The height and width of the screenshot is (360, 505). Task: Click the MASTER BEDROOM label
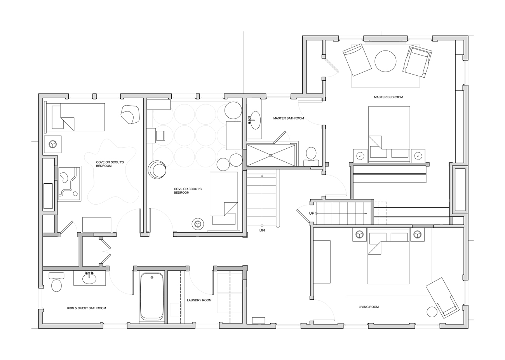[388, 97]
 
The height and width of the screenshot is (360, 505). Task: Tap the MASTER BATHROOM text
[288, 118]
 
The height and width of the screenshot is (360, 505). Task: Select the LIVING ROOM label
[368, 307]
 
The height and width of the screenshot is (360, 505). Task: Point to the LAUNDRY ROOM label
[199, 300]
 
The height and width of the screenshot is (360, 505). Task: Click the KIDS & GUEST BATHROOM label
[86, 308]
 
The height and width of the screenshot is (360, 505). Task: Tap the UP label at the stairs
[312, 213]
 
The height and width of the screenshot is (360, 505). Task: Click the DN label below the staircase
[262, 230]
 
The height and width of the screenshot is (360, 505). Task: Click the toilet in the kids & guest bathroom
[57, 283]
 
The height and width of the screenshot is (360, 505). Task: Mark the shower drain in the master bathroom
[271, 155]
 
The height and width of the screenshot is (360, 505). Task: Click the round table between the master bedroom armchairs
[385, 61]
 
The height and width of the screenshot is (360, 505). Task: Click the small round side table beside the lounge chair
[432, 312]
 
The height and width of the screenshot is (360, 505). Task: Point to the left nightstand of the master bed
[360, 156]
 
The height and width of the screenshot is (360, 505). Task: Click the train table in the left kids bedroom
[69, 183]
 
